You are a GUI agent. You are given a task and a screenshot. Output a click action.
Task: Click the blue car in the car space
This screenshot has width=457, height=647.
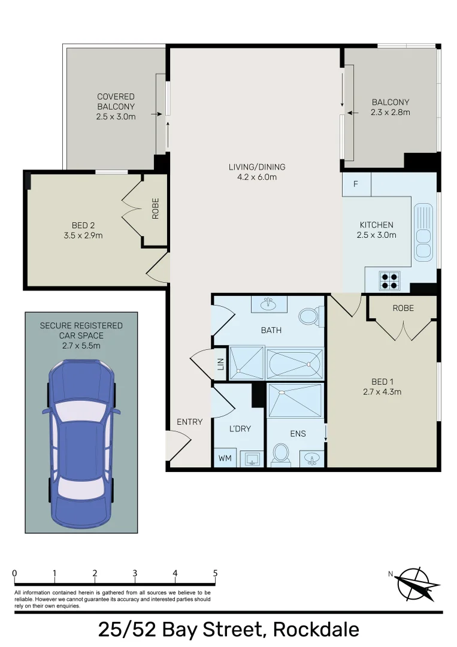tap(81, 443)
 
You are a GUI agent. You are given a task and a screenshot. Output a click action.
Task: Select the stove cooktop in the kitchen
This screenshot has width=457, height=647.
tap(389, 280)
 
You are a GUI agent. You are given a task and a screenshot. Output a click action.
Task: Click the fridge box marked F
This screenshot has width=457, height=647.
tap(356, 184)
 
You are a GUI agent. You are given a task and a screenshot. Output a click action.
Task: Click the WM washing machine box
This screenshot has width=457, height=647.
tap(225, 458)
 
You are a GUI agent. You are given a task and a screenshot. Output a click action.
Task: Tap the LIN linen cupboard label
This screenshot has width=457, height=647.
tap(220, 364)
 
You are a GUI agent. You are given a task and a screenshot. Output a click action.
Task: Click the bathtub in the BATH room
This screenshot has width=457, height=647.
tap(294, 364)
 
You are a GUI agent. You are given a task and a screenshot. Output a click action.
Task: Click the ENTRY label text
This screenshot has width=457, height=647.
tap(189, 422)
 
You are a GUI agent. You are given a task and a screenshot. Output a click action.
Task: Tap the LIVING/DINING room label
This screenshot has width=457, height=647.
tap(256, 167)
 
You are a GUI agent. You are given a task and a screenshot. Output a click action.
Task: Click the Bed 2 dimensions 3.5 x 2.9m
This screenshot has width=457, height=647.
tap(83, 235)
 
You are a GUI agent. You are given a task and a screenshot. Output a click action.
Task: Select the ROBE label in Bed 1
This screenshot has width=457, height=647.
tap(403, 308)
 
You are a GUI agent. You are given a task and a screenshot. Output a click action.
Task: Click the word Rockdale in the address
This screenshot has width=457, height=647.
tap(316, 630)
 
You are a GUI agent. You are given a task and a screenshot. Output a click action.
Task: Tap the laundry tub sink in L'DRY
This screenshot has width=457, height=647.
tap(251, 459)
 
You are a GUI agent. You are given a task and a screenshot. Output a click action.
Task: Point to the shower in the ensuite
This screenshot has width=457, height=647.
tap(294, 401)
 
